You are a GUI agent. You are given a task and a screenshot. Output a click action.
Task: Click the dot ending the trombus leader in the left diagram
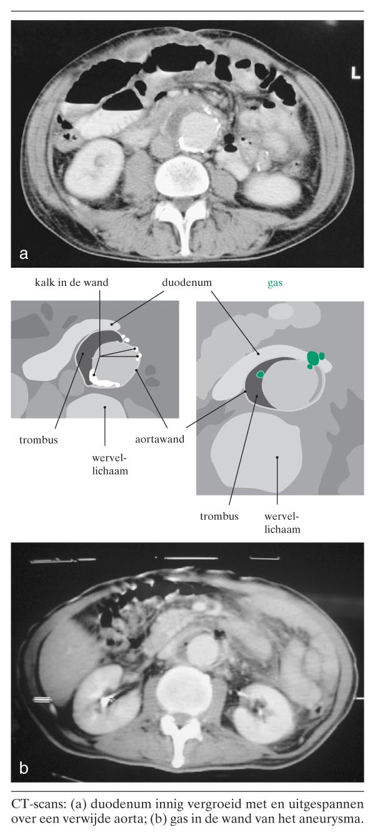tap(83, 354)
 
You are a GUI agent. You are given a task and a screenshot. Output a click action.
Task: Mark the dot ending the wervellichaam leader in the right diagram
tap(277, 458)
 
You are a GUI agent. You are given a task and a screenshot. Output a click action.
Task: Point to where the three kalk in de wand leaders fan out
tap(99, 356)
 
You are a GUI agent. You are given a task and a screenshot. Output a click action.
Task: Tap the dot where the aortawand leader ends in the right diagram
tap(245, 392)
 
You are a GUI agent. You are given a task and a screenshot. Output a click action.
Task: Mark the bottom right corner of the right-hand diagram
tap(364, 495)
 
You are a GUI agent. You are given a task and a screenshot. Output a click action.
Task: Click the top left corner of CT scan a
tap(11, 21)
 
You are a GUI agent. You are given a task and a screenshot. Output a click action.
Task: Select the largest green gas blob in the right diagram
tap(312, 358)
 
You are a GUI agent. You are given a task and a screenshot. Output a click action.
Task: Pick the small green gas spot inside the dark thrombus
tap(261, 374)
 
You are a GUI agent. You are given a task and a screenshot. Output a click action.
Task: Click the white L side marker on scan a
tap(356, 73)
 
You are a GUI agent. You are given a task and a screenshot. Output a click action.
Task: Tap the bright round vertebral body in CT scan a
tap(182, 177)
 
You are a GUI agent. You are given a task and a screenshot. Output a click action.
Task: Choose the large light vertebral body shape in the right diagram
tap(256, 451)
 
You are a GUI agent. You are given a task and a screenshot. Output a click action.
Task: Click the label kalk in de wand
tap(72, 283)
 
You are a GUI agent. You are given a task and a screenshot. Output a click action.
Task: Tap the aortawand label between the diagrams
tap(159, 439)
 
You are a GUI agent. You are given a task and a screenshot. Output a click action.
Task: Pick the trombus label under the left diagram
tap(39, 440)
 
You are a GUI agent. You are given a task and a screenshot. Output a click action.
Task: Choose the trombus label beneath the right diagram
tap(219, 516)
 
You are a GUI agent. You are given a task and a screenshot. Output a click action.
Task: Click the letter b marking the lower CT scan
tap(24, 768)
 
